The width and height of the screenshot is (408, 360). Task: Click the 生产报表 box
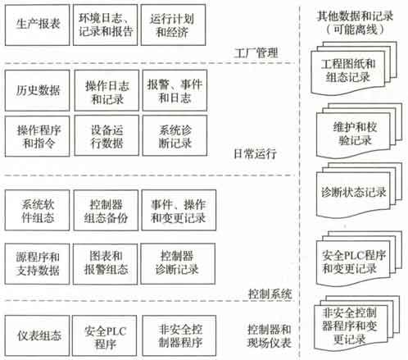pyautogui.click(x=37, y=25)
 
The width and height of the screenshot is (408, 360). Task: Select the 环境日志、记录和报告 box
pyautogui.click(x=105, y=25)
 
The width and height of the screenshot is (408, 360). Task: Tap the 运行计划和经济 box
pyautogui.click(x=173, y=25)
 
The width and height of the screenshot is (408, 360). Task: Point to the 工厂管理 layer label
pyautogui.click(x=256, y=52)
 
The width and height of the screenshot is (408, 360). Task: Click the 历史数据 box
pyautogui.click(x=37, y=90)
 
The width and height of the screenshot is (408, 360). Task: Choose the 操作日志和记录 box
pyautogui.click(x=107, y=90)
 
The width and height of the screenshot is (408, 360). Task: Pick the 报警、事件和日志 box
pyautogui.click(x=175, y=90)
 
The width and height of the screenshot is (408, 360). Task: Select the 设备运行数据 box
pyautogui.click(x=107, y=136)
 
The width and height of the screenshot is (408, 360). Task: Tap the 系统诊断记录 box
pyautogui.click(x=175, y=136)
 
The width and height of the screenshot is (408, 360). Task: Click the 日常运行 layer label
pyautogui.click(x=255, y=153)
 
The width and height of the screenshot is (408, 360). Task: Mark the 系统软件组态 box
pyautogui.click(x=37, y=210)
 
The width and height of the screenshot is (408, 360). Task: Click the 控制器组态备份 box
pyautogui.click(x=106, y=210)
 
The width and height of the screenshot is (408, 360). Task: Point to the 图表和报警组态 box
pyautogui.click(x=105, y=264)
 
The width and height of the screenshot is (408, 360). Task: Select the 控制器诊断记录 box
pyautogui.click(x=178, y=264)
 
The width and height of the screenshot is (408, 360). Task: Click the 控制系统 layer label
pyautogui.click(x=270, y=294)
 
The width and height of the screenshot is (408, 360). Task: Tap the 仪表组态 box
pyautogui.click(x=37, y=335)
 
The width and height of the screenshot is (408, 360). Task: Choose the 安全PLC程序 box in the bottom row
pyautogui.click(x=105, y=335)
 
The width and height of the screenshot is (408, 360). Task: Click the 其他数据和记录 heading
pyautogui.click(x=355, y=16)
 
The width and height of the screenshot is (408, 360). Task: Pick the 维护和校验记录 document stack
pyautogui.click(x=359, y=131)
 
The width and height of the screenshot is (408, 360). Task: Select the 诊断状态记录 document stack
pyautogui.click(x=359, y=191)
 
